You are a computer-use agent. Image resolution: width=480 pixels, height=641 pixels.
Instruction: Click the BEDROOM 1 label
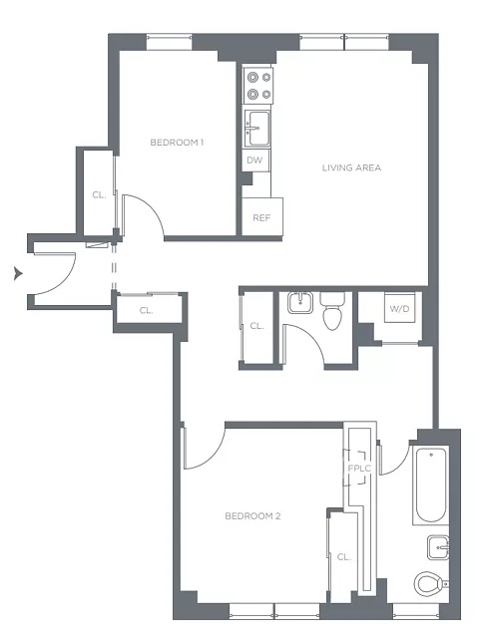click(177, 143)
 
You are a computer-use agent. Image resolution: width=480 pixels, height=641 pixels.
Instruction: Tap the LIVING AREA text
click(351, 167)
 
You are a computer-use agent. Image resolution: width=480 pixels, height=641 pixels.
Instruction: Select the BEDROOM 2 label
click(252, 516)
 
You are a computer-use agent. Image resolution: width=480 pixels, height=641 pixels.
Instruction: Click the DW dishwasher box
click(254, 160)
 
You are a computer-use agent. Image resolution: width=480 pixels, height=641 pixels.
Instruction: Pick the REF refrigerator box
click(261, 216)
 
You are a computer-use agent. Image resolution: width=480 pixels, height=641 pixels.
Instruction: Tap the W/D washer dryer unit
click(399, 308)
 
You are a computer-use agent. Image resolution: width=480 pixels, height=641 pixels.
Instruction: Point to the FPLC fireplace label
click(359, 469)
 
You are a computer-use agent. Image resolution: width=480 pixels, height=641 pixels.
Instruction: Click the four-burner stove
click(258, 86)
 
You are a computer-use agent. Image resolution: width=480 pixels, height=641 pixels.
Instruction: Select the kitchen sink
click(257, 128)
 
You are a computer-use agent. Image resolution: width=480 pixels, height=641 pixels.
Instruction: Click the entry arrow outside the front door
click(18, 273)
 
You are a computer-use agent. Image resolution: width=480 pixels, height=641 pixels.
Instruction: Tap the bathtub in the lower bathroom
click(430, 485)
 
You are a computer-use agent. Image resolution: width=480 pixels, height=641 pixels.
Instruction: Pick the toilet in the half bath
click(332, 311)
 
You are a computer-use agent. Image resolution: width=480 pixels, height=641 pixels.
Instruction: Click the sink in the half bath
click(300, 303)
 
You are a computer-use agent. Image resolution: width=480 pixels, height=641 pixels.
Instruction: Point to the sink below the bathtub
click(438, 547)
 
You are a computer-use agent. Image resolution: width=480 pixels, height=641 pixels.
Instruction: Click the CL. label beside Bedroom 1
click(99, 195)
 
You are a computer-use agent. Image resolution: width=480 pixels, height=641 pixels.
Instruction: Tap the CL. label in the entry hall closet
click(146, 311)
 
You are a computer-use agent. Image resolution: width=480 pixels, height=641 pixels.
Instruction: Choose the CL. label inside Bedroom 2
click(344, 557)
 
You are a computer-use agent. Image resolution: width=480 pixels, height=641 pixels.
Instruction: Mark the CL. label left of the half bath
click(257, 326)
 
